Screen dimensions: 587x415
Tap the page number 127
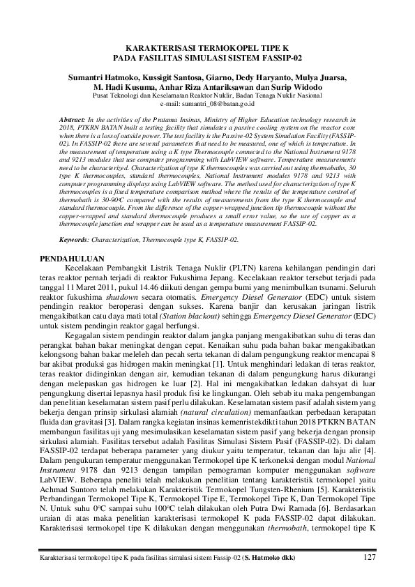[x=371, y=557]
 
